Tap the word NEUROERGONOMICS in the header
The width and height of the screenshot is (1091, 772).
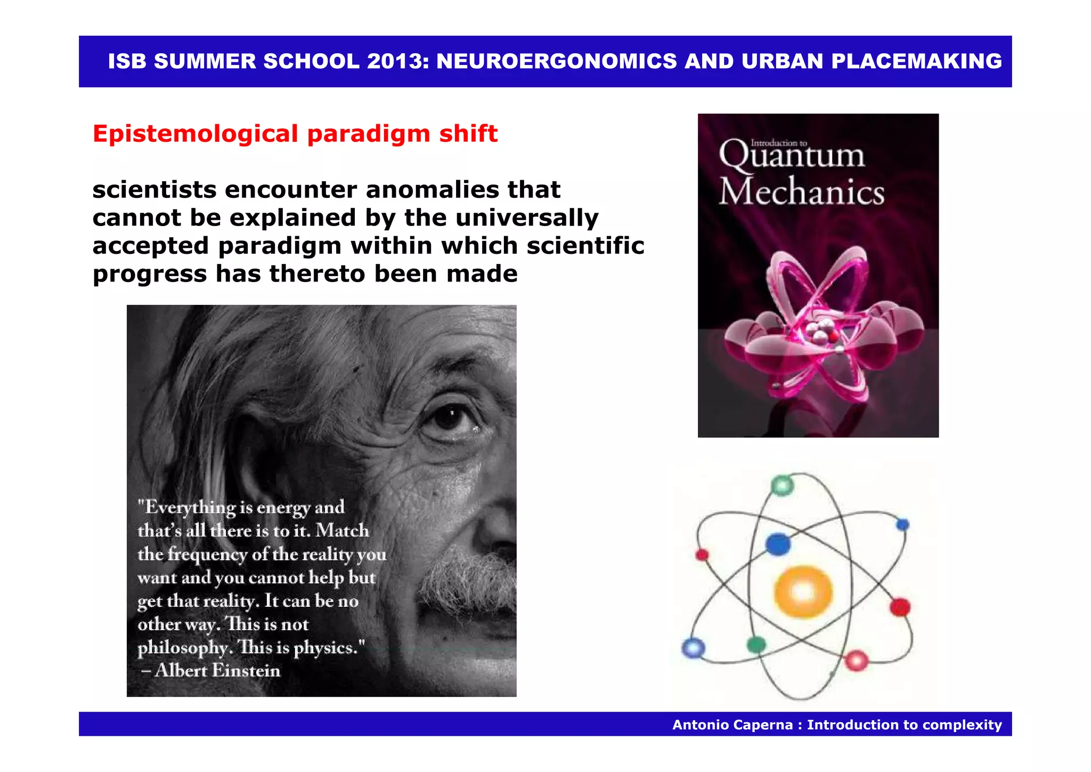(556, 61)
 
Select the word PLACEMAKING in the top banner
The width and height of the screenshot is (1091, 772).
(916, 61)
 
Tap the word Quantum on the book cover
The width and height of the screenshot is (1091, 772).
(792, 156)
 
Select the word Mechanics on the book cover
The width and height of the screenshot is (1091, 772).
(802, 192)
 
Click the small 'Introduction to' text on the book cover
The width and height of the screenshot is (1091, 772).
(779, 143)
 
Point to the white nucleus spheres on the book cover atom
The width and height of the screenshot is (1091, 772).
(820, 333)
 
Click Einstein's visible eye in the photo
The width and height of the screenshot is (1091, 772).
(449, 418)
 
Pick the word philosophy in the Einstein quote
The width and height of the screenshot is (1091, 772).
(183, 647)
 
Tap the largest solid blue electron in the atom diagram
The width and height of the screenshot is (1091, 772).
(778, 544)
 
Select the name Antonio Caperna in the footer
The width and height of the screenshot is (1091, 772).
(732, 725)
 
